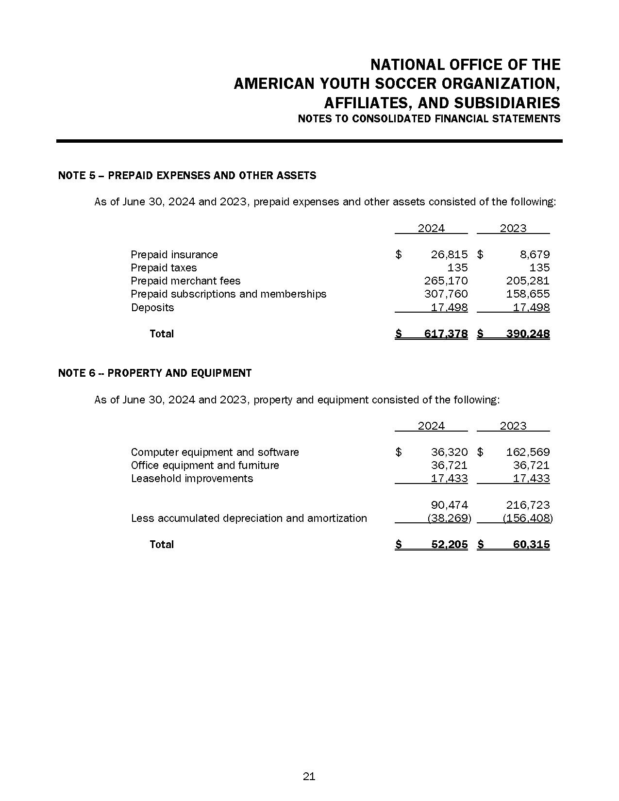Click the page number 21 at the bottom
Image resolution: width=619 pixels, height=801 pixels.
coord(309,776)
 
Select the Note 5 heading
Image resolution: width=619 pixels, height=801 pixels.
coord(187,175)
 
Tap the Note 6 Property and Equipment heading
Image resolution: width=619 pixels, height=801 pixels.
coord(155,373)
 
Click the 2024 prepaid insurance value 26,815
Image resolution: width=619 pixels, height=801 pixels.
coord(449,254)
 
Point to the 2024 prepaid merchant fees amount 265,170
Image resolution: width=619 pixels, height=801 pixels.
coord(446,281)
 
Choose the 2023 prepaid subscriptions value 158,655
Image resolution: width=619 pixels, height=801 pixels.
coord(528,294)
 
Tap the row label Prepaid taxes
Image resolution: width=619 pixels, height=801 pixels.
coord(164,267)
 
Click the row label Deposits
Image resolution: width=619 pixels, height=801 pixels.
coord(152,307)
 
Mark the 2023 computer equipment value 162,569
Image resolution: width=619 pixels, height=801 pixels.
coord(528,452)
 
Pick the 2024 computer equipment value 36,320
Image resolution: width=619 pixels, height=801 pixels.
coord(449,452)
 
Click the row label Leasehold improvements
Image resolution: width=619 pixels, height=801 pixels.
coord(192,478)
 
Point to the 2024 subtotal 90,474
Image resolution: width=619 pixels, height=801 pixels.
coord(449,505)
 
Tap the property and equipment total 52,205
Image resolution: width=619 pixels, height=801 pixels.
coord(449,544)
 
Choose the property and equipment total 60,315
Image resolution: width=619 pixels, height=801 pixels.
coord(531,544)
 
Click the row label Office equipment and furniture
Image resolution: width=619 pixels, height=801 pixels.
coord(205,465)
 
